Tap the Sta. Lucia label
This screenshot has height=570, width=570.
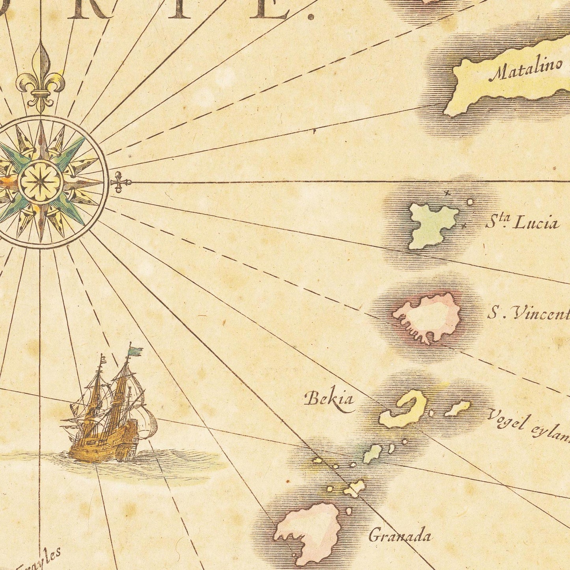pyautogui.click(x=522, y=223)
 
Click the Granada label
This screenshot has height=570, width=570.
pyautogui.click(x=400, y=536)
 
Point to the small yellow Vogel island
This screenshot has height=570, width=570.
pyautogui.click(x=458, y=409)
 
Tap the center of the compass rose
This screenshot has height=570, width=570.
pyautogui.click(x=40, y=182)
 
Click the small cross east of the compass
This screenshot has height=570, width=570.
pyautogui.click(x=120, y=183)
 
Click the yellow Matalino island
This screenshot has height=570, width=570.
pyautogui.click(x=505, y=85)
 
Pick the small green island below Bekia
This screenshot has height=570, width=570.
pyautogui.click(x=372, y=453)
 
